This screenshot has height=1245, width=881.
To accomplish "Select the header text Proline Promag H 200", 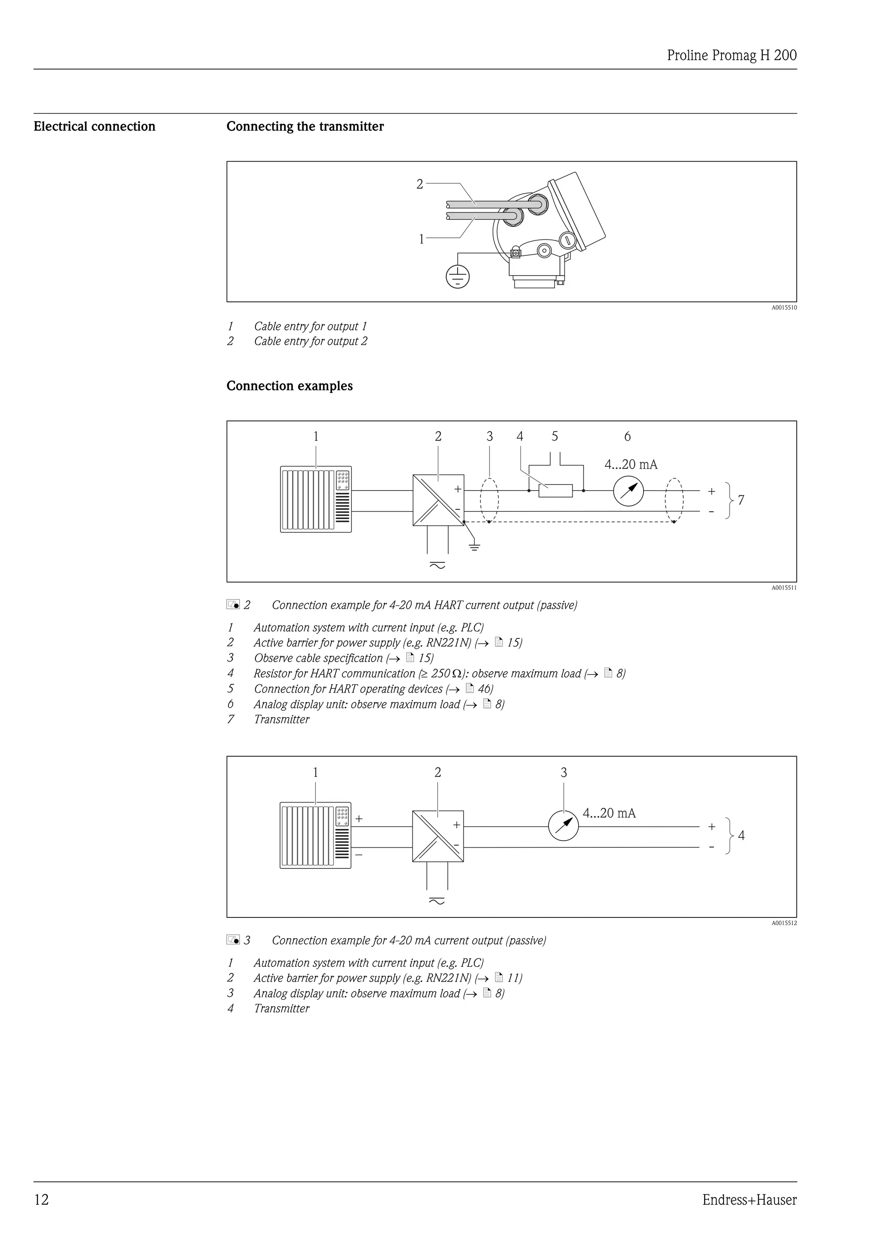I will pos(731,55).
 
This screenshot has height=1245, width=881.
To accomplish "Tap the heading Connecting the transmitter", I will pos(305,126).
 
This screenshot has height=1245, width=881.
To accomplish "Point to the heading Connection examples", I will pos(289,386).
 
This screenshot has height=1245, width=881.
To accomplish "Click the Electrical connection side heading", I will pos(94,126).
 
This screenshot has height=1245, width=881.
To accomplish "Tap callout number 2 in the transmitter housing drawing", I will pos(419,184).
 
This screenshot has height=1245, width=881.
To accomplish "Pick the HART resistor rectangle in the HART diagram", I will pos(555,491).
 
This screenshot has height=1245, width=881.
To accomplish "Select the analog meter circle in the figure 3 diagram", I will pos(563,826).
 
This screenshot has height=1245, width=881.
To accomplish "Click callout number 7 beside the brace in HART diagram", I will pos(741,500).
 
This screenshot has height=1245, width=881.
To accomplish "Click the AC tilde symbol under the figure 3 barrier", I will pos(437,901).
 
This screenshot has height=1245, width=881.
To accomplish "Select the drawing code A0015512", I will pos(784,923).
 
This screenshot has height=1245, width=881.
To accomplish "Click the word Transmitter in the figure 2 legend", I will pos(282,720).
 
